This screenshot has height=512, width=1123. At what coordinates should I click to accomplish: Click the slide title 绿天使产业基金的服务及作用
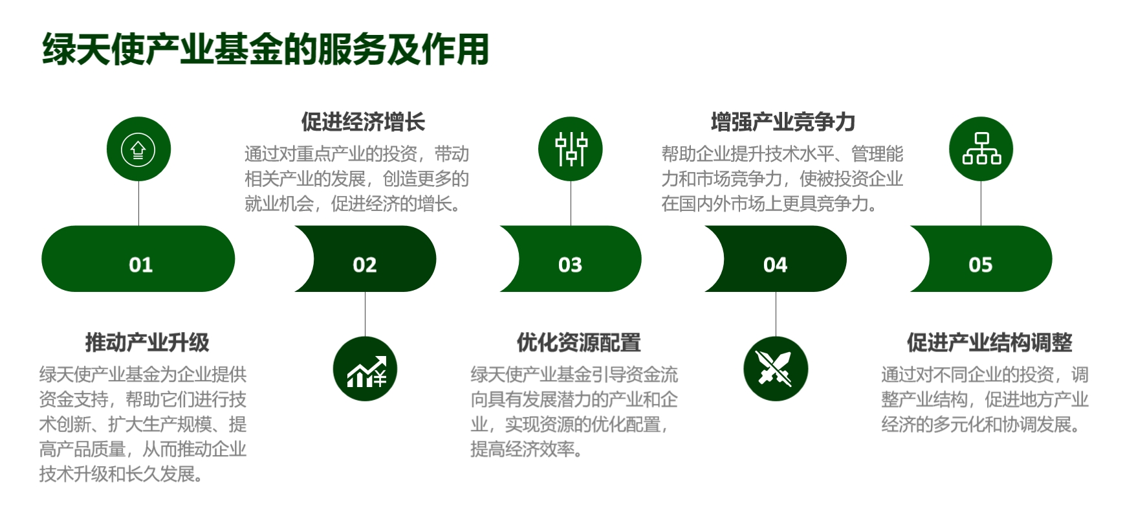[265, 49]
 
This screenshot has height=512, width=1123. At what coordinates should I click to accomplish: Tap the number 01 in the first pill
[140, 265]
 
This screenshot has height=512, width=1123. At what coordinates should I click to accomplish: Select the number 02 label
[365, 265]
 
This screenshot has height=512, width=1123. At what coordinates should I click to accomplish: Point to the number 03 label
[570, 265]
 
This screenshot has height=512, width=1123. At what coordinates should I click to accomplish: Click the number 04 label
[775, 265]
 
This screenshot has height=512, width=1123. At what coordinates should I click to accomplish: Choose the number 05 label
[980, 265]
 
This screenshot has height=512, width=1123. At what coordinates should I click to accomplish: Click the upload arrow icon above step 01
[138, 150]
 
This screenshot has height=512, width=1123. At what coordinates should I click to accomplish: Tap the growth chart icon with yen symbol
[365, 369]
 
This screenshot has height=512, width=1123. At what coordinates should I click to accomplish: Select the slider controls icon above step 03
[571, 150]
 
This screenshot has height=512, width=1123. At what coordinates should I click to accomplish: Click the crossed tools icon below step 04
[776, 369]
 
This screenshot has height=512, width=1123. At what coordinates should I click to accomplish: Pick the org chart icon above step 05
[981, 150]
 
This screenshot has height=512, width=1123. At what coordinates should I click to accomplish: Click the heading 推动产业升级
[147, 342]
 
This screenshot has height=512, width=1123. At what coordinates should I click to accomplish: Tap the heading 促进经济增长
[363, 122]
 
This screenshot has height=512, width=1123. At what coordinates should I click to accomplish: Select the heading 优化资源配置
[578, 342]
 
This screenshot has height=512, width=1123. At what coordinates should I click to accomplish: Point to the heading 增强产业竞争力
[783, 122]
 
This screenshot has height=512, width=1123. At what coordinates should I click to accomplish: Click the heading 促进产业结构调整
[989, 342]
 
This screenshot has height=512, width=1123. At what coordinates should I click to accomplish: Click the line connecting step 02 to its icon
[365, 314]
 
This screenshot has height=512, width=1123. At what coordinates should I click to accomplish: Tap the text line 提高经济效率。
[527, 449]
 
